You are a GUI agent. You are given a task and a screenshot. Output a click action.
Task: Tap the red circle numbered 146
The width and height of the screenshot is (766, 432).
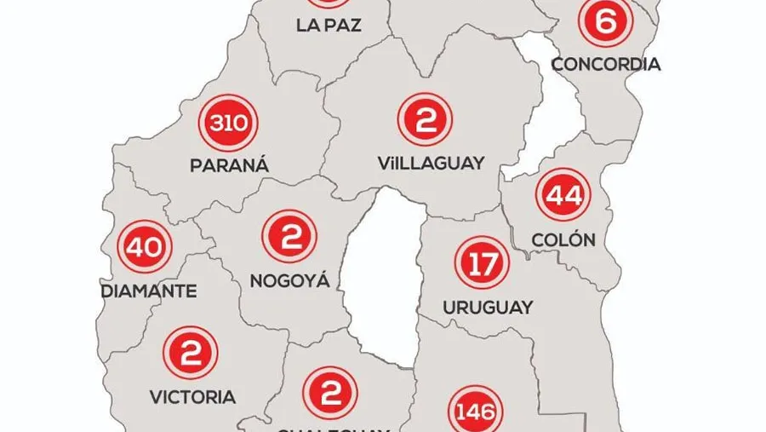(475, 413)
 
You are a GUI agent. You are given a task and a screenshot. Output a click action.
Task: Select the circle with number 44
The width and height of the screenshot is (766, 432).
(563, 197)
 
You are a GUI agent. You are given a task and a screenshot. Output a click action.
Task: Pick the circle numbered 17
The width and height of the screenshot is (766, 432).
(483, 263)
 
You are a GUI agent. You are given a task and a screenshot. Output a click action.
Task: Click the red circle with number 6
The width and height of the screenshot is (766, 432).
(605, 22)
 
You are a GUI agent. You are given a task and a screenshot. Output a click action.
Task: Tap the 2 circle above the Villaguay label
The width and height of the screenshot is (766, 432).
(423, 120)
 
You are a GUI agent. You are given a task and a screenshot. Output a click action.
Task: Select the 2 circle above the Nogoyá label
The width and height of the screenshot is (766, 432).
(289, 236)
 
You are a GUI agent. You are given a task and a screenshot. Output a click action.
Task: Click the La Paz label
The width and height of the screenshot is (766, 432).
(329, 25)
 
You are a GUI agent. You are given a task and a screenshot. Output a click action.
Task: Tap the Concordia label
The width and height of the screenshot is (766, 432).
(606, 64)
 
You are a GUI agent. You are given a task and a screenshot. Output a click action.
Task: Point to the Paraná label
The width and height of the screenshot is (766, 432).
(230, 165)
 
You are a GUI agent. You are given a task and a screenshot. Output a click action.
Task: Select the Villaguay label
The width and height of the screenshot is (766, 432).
(431, 162)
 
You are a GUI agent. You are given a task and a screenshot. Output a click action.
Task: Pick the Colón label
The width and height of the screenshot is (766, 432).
(563, 239)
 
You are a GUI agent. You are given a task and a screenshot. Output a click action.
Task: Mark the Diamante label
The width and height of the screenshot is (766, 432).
(149, 291)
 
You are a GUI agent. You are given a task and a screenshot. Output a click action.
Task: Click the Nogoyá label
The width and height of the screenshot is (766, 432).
(289, 279)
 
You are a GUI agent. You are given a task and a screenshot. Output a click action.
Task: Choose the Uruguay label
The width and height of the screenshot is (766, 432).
(488, 307)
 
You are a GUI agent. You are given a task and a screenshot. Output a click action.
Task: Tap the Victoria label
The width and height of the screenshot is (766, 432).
(192, 396)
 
